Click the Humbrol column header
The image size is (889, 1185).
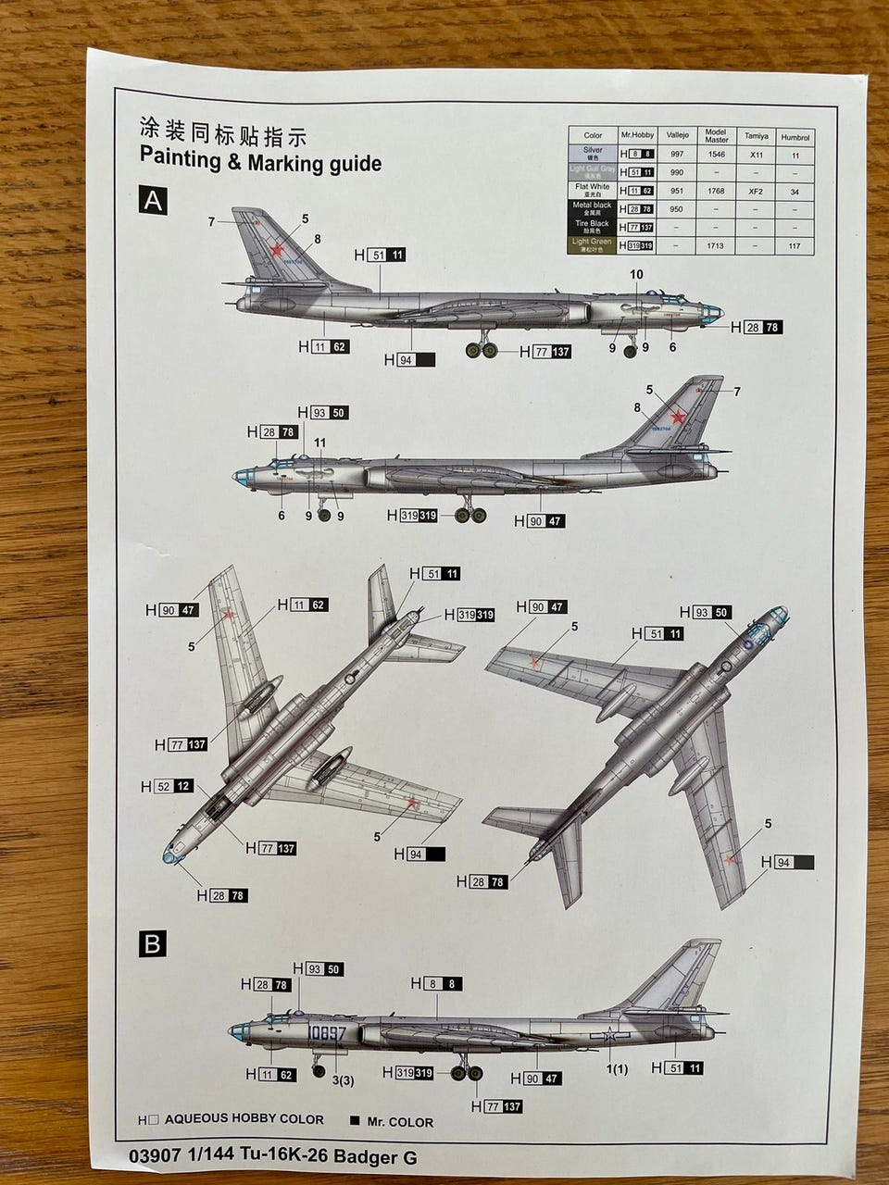coord(795,136)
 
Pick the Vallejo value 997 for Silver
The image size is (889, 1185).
coord(677,155)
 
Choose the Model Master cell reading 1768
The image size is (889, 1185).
coord(716,191)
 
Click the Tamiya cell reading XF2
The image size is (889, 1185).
coord(756,191)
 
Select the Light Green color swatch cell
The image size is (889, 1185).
coord(593,245)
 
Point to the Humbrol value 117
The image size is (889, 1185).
coord(795,245)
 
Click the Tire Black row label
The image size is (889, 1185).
coord(593,226)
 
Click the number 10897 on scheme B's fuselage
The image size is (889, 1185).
coord(324,1032)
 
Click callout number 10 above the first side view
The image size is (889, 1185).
coord(635,274)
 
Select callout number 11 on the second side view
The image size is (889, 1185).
coord(320,443)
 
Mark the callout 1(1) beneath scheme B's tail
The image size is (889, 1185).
coord(617,1069)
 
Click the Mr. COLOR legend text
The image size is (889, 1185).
coord(400,1121)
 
